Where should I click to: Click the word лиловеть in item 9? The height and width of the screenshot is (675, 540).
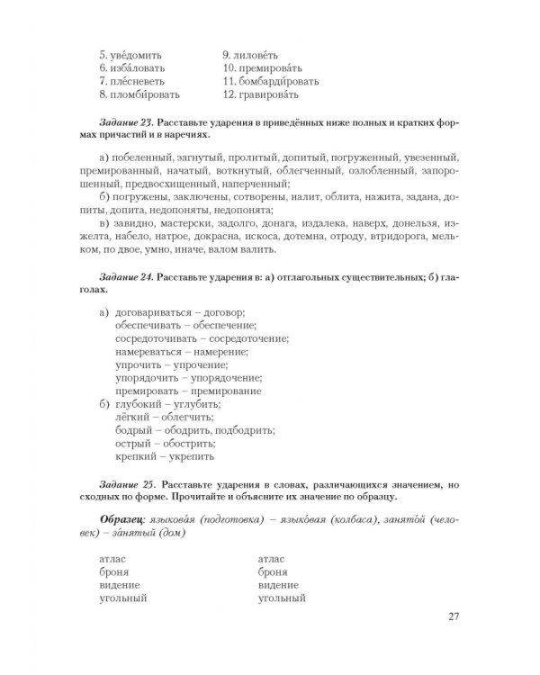(x=265, y=53)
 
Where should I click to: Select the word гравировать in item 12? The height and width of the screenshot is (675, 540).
(x=272, y=94)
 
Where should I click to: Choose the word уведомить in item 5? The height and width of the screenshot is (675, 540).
(x=137, y=53)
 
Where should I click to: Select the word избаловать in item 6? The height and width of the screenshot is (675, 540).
(x=139, y=67)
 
